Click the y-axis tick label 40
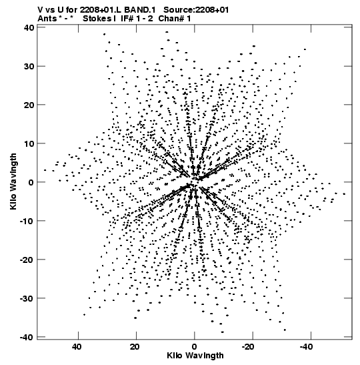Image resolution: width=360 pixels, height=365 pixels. (29, 28)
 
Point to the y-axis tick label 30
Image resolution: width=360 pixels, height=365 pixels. (29, 66)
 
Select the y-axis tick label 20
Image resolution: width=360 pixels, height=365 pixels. (29, 105)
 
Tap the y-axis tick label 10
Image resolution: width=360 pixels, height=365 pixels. (29, 143)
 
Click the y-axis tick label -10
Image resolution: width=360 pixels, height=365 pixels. (27, 221)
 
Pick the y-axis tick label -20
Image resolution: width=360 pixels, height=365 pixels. (27, 260)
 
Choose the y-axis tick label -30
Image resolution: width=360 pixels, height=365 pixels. (27, 298)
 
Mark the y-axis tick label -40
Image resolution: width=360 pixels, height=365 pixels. (27, 337)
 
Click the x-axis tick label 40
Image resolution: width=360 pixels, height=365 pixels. (77, 347)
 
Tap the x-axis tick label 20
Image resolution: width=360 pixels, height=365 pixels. (135, 347)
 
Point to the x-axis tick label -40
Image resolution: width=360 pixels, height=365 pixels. (306, 347)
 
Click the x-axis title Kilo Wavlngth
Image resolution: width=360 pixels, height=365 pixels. (195, 356)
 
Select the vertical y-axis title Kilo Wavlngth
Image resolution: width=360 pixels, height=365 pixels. (13, 181)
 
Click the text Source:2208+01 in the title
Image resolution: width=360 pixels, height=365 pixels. (196, 10)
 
